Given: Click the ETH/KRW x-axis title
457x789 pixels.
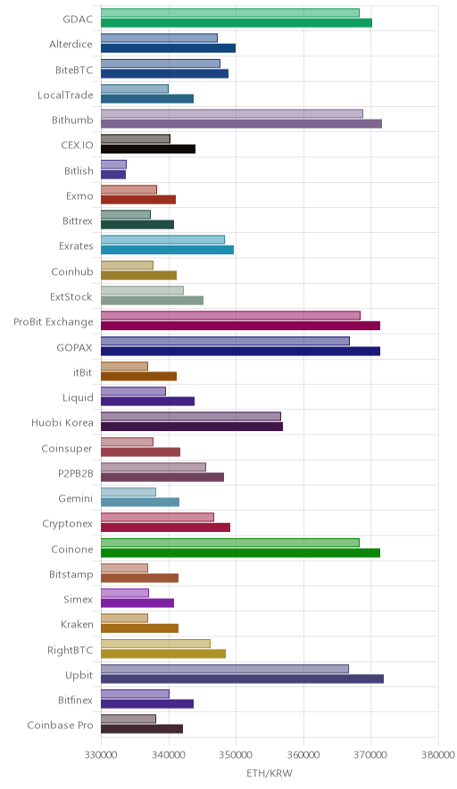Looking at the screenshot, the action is click(270, 773).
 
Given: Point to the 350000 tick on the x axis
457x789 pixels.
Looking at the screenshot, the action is click(236, 755).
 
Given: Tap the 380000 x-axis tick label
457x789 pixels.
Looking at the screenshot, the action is click(438, 755).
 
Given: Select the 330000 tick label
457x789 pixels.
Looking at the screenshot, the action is click(101, 755).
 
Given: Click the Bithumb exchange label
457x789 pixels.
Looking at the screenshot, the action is click(72, 120).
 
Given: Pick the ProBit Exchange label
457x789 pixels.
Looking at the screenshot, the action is click(54, 322).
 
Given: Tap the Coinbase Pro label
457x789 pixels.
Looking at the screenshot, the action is click(60, 726).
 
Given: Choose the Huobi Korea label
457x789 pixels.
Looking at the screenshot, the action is click(62, 423).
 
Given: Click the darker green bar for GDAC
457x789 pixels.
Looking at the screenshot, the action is click(237, 22).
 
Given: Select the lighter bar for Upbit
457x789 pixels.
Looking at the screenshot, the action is click(225, 669).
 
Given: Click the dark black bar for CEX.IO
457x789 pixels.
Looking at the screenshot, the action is click(148, 149).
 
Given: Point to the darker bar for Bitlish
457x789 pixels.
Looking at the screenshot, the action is click(113, 175).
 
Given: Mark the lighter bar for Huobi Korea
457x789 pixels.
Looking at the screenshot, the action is click(191, 416).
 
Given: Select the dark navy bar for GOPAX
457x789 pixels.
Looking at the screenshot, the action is click(241, 352).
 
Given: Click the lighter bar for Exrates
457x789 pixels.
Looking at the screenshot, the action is click(162, 239).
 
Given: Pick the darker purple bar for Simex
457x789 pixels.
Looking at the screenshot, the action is click(137, 602).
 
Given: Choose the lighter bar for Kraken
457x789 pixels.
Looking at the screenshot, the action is click(124, 618).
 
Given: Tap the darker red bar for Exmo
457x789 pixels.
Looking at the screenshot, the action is click(138, 200).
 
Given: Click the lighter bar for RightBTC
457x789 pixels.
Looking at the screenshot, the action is click(155, 644).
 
